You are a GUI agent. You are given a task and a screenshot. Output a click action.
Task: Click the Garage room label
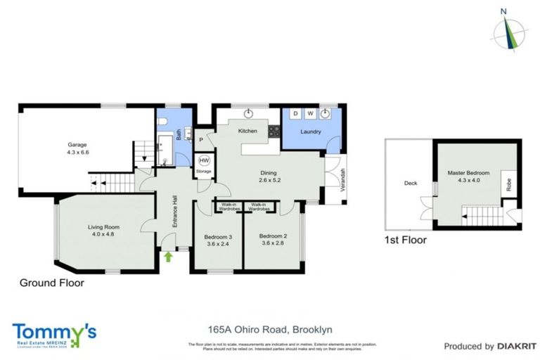pyautogui.click(x=77, y=145)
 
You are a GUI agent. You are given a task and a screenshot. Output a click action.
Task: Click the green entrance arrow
pyautogui.click(x=167, y=257)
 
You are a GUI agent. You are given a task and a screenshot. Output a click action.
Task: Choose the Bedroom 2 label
pyautogui.click(x=271, y=236)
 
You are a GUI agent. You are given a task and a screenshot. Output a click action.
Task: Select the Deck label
pyautogui.click(x=410, y=184)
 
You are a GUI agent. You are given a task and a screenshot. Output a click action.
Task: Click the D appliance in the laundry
pyautogui.click(x=295, y=113)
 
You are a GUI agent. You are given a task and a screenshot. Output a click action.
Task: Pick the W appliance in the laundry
pyautogui.click(x=310, y=113)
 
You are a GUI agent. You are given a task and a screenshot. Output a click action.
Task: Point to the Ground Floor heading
pyautogui.click(x=51, y=283)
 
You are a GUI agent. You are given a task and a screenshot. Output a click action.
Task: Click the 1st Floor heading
pyautogui.click(x=406, y=240)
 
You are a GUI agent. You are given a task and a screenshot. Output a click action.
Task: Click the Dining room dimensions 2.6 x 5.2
pyautogui.click(x=268, y=180)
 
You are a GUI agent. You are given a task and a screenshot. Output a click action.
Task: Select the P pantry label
pyautogui.click(x=201, y=139)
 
